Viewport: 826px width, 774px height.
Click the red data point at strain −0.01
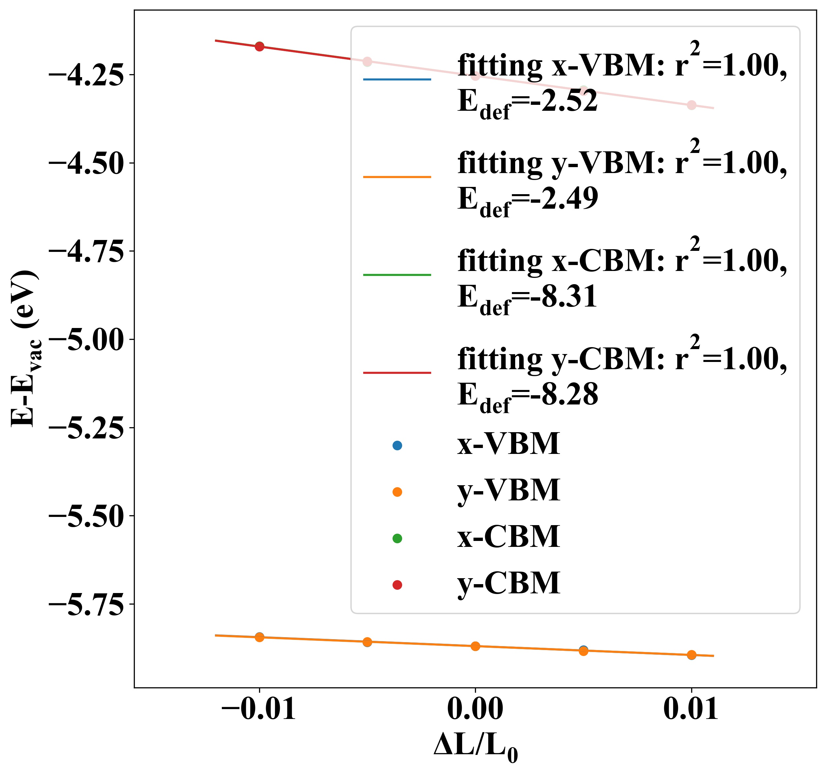[260, 46]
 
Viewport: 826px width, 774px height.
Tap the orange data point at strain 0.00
[475, 646]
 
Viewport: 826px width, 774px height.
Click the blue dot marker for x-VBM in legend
[397, 445]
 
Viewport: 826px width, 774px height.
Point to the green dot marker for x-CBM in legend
[397, 538]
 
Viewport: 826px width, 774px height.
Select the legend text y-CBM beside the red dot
[509, 584]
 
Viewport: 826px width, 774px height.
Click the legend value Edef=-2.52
[528, 102]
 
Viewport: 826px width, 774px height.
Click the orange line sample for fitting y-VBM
[397, 177]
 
